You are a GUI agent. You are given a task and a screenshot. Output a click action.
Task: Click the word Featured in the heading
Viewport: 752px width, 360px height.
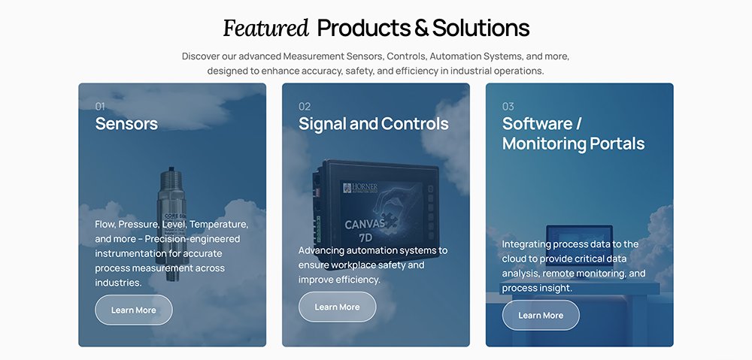pos(266,29)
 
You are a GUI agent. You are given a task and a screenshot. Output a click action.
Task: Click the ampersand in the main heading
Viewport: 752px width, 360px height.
pos(421,29)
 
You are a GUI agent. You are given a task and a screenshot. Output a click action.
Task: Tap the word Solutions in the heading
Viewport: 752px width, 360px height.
pos(482,29)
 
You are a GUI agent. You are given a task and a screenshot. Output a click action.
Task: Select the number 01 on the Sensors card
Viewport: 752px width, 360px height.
pos(100,107)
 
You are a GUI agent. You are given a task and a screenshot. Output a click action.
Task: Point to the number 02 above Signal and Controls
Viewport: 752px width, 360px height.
pos(305,107)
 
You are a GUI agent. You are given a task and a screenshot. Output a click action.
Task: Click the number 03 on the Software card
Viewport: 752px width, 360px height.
pos(508,107)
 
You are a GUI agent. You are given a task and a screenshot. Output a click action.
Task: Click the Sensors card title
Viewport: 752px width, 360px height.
pos(126,124)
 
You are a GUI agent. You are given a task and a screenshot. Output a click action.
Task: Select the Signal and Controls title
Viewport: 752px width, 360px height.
pos(373,124)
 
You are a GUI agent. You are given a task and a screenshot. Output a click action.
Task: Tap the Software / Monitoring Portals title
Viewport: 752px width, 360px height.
pos(573,134)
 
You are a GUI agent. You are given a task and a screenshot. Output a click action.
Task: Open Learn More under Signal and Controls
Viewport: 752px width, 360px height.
pos(337,307)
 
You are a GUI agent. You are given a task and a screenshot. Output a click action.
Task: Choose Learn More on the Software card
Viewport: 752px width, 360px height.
pos(541,316)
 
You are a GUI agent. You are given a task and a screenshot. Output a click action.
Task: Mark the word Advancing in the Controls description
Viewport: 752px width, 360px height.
pos(323,250)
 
